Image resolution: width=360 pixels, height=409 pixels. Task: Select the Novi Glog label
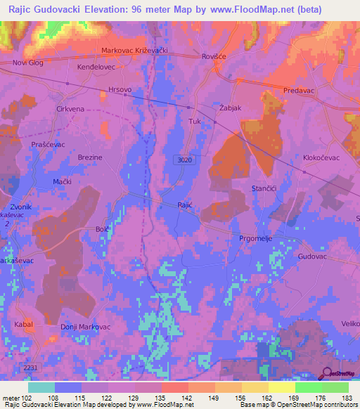[x=28, y=63]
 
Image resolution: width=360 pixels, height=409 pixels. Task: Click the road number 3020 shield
[x=183, y=160]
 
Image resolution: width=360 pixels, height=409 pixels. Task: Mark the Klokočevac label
[x=321, y=158]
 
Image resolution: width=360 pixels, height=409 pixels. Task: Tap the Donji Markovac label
[x=85, y=328]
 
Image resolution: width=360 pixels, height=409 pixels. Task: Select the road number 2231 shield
[x=30, y=368]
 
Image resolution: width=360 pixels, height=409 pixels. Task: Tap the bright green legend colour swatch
[x=308, y=387]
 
